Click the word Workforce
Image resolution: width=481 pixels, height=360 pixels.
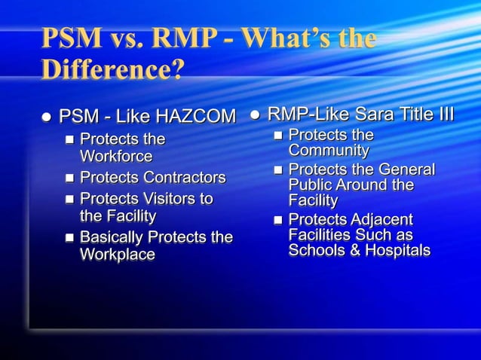tap(116, 157)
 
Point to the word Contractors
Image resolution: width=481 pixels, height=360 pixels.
tap(185, 178)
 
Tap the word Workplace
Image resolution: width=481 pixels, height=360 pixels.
tap(118, 255)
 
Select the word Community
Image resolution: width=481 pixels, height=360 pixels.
tap(329, 151)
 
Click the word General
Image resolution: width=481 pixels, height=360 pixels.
tap(406, 169)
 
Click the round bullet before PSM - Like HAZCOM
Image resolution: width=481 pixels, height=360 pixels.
tap(47, 117)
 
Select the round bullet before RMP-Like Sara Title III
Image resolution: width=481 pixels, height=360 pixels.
tap(255, 115)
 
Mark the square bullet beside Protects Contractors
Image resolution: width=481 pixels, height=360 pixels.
tap(69, 178)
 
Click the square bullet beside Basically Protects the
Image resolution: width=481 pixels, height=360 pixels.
tap(69, 238)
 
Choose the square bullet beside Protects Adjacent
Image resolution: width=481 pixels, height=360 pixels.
tap(277, 220)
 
